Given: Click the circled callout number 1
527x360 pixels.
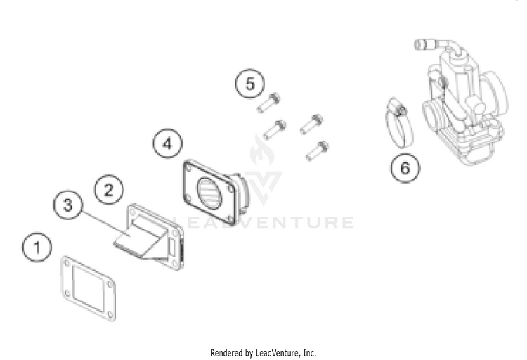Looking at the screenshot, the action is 37,247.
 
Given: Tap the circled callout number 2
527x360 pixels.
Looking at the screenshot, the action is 108,189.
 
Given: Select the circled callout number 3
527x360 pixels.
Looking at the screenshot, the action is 68,205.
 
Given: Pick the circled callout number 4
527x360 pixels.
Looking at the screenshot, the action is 168,143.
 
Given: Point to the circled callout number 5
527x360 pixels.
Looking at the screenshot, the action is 249,84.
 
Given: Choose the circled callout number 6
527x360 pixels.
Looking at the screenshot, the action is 405,167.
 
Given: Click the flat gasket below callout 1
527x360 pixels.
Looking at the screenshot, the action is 89,288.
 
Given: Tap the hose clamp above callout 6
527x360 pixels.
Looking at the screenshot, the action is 399,123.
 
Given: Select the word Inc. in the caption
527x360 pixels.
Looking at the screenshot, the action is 310,353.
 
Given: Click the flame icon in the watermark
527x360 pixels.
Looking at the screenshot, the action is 262,150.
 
